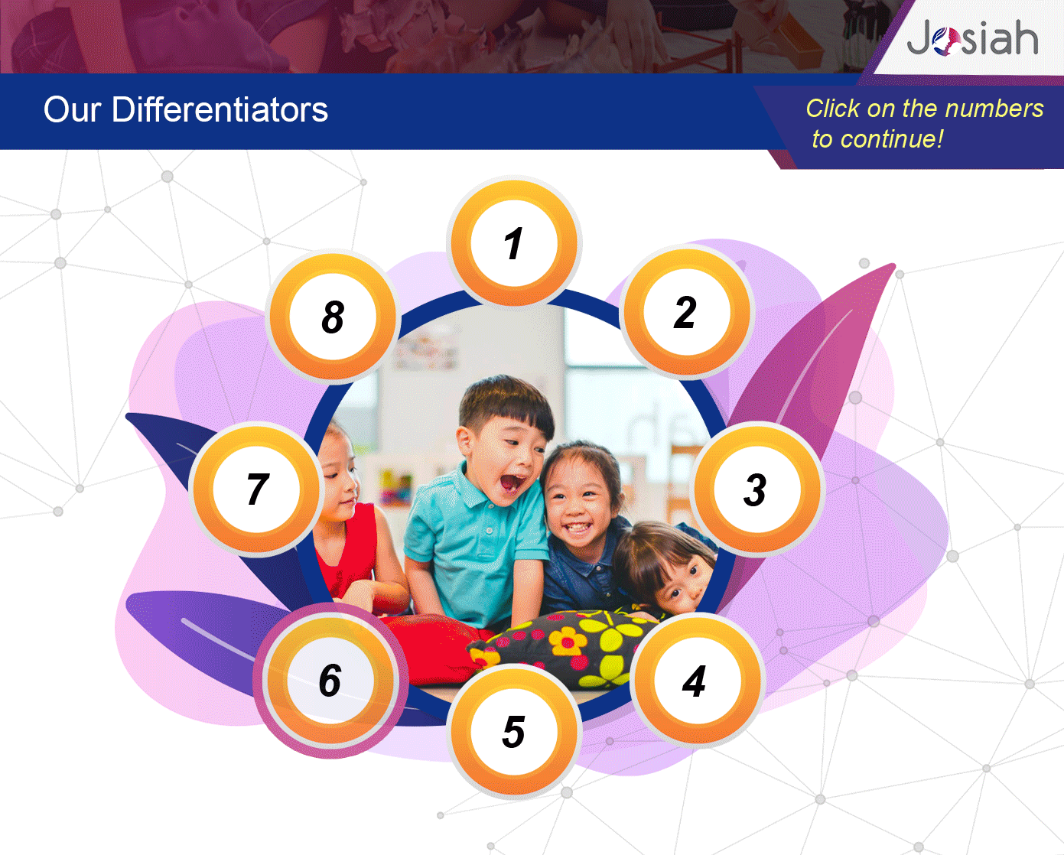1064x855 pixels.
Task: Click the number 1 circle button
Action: tap(514, 243)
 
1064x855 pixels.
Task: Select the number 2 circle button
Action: tap(686, 312)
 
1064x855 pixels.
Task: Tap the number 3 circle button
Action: tap(757, 489)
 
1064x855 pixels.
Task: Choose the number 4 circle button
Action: tap(697, 681)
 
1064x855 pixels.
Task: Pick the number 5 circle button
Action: tap(514, 732)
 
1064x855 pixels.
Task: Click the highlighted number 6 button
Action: tap(330, 681)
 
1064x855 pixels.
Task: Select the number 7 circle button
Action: tap(256, 489)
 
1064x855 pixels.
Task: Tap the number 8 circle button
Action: tap(333, 317)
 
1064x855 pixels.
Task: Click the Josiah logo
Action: tap(972, 37)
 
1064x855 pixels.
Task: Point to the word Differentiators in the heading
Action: tap(220, 109)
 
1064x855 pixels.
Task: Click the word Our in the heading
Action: tap(72, 110)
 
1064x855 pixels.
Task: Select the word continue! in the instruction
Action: tap(892, 139)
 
